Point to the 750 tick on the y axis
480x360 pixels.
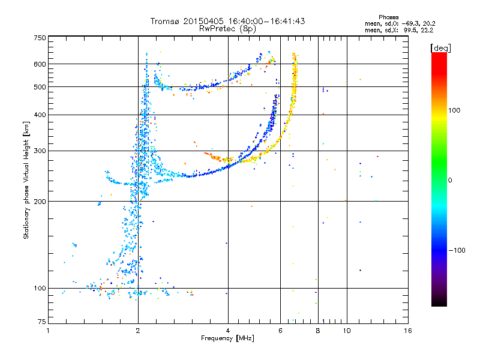[40, 37]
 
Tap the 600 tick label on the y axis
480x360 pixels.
[40, 64]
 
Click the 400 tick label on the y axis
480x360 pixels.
[40, 115]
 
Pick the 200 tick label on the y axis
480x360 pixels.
[40, 201]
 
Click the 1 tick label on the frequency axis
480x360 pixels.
[48, 331]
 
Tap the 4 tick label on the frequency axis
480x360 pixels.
[228, 331]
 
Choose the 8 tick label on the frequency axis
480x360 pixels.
[317, 331]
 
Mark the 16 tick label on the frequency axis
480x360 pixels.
[407, 331]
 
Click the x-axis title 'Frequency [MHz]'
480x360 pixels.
[228, 339]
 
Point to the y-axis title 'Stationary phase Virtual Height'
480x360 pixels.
[26, 180]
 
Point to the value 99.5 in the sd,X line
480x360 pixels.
[407, 29]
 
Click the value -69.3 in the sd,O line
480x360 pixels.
[407, 23]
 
